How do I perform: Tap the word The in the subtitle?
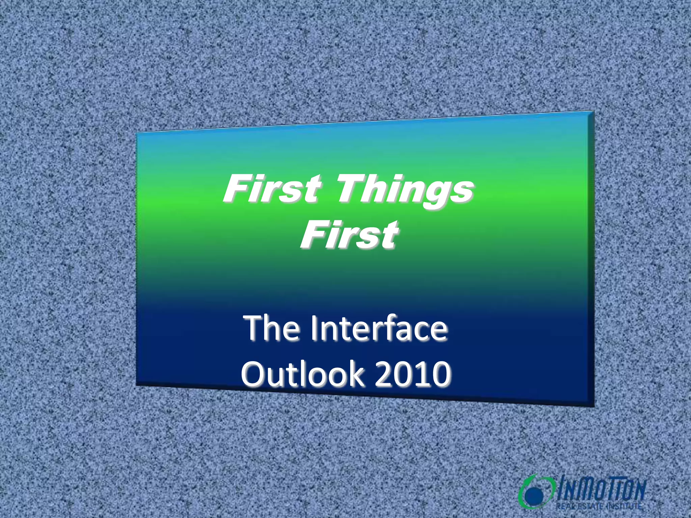273,328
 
